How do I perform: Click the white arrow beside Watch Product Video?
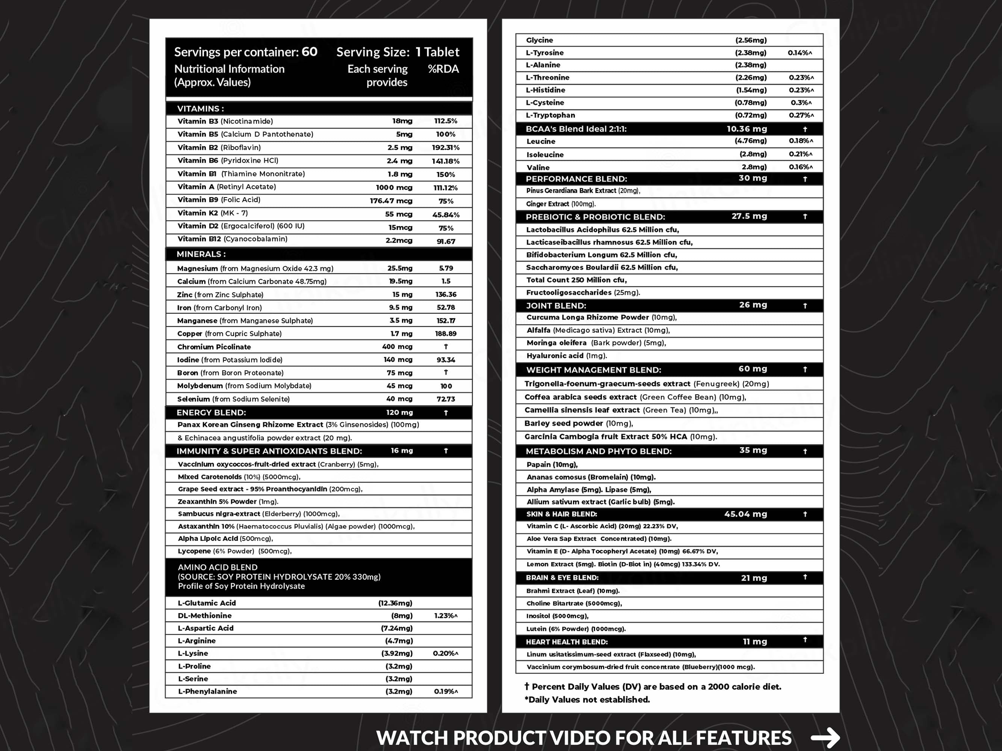pos(825,737)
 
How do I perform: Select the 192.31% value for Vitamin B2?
pos(445,148)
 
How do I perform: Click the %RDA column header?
pos(443,69)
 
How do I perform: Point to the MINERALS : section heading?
pos(201,254)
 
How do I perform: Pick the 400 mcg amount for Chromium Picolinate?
pos(397,347)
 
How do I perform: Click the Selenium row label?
pos(233,399)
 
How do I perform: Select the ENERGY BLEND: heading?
pos(211,412)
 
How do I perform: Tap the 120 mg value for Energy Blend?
pos(399,412)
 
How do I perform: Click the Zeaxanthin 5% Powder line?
pos(228,502)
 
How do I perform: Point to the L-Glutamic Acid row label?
pos(207,603)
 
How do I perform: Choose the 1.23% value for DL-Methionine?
pos(445,616)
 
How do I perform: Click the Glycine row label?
pos(539,40)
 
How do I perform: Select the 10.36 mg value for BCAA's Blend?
pos(747,129)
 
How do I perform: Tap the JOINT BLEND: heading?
pos(556,306)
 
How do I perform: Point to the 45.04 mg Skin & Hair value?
pos(745,514)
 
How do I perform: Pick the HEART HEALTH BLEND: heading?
pos(566,642)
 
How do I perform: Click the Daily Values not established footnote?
pos(587,700)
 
